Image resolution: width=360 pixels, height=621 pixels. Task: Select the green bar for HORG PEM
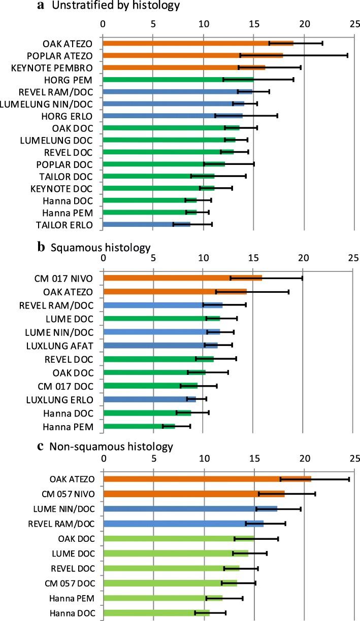coord(178,80)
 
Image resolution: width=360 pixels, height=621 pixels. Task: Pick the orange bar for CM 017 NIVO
coord(183,278)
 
